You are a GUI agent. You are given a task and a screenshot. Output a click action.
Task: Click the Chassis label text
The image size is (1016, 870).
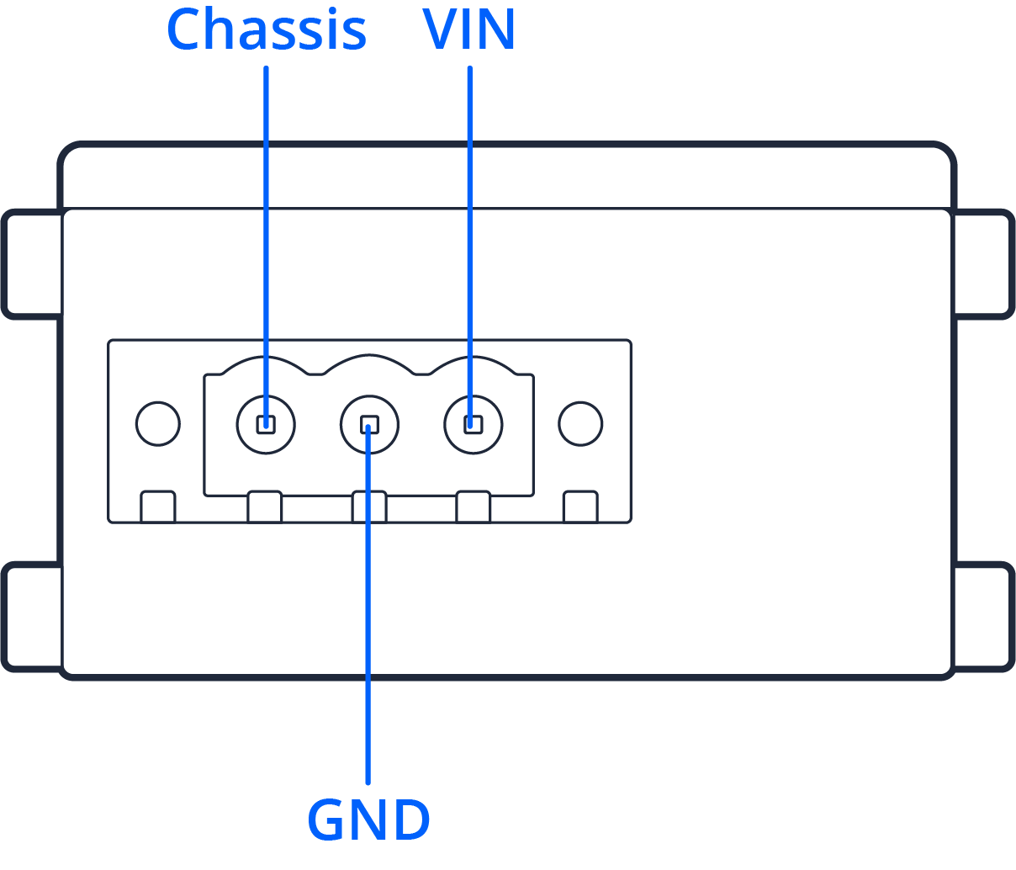[x=267, y=30]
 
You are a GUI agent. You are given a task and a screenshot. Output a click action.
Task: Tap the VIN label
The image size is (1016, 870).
[x=469, y=30]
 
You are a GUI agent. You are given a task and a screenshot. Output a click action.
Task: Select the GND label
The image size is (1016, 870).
[x=368, y=820]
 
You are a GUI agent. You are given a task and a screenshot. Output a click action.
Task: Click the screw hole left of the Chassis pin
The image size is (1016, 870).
[x=157, y=422]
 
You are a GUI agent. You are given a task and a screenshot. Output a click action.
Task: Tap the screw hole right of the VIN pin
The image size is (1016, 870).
[x=580, y=422]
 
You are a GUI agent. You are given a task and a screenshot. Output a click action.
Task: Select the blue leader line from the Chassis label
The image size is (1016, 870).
[x=266, y=210]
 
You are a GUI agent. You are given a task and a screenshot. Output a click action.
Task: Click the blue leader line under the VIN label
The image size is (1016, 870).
[x=469, y=210]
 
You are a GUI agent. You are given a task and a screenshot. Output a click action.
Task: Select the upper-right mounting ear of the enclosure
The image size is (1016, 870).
[x=983, y=264]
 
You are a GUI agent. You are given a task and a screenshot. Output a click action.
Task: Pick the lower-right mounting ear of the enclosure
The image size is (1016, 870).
[x=983, y=617]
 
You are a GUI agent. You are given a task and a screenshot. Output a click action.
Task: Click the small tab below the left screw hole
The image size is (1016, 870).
[x=157, y=507]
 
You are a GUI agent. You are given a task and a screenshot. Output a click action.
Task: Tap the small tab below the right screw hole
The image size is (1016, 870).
[x=580, y=507]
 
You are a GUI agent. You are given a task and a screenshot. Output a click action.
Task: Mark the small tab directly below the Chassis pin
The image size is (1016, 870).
[x=264, y=507]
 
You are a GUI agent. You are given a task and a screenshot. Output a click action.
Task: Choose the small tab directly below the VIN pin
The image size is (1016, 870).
[x=473, y=507]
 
